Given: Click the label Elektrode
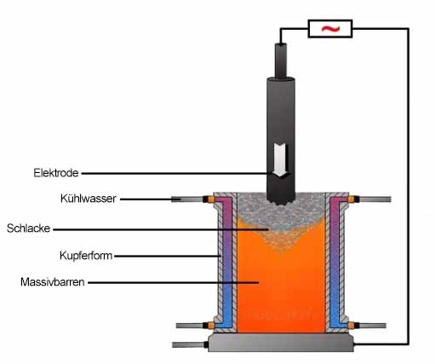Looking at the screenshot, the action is pos(56,173).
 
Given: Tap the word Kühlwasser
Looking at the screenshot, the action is pos(89,199).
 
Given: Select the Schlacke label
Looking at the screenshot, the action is pos(28,228).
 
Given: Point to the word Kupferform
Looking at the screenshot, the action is pos(86,256).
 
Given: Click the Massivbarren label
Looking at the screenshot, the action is pos(53,282).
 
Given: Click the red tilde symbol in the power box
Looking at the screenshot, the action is pos(330,28).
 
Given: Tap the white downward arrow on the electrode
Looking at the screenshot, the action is pos(281,160).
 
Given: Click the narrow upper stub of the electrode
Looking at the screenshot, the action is pos(281,61).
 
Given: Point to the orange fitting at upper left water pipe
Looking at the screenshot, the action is pos(211,199).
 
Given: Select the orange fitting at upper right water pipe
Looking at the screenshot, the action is pos(351,199).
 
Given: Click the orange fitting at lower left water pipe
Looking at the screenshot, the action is pos(211,326).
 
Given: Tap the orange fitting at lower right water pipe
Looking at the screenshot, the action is pos(351,326).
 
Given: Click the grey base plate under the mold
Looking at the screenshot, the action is pos(281,343).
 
